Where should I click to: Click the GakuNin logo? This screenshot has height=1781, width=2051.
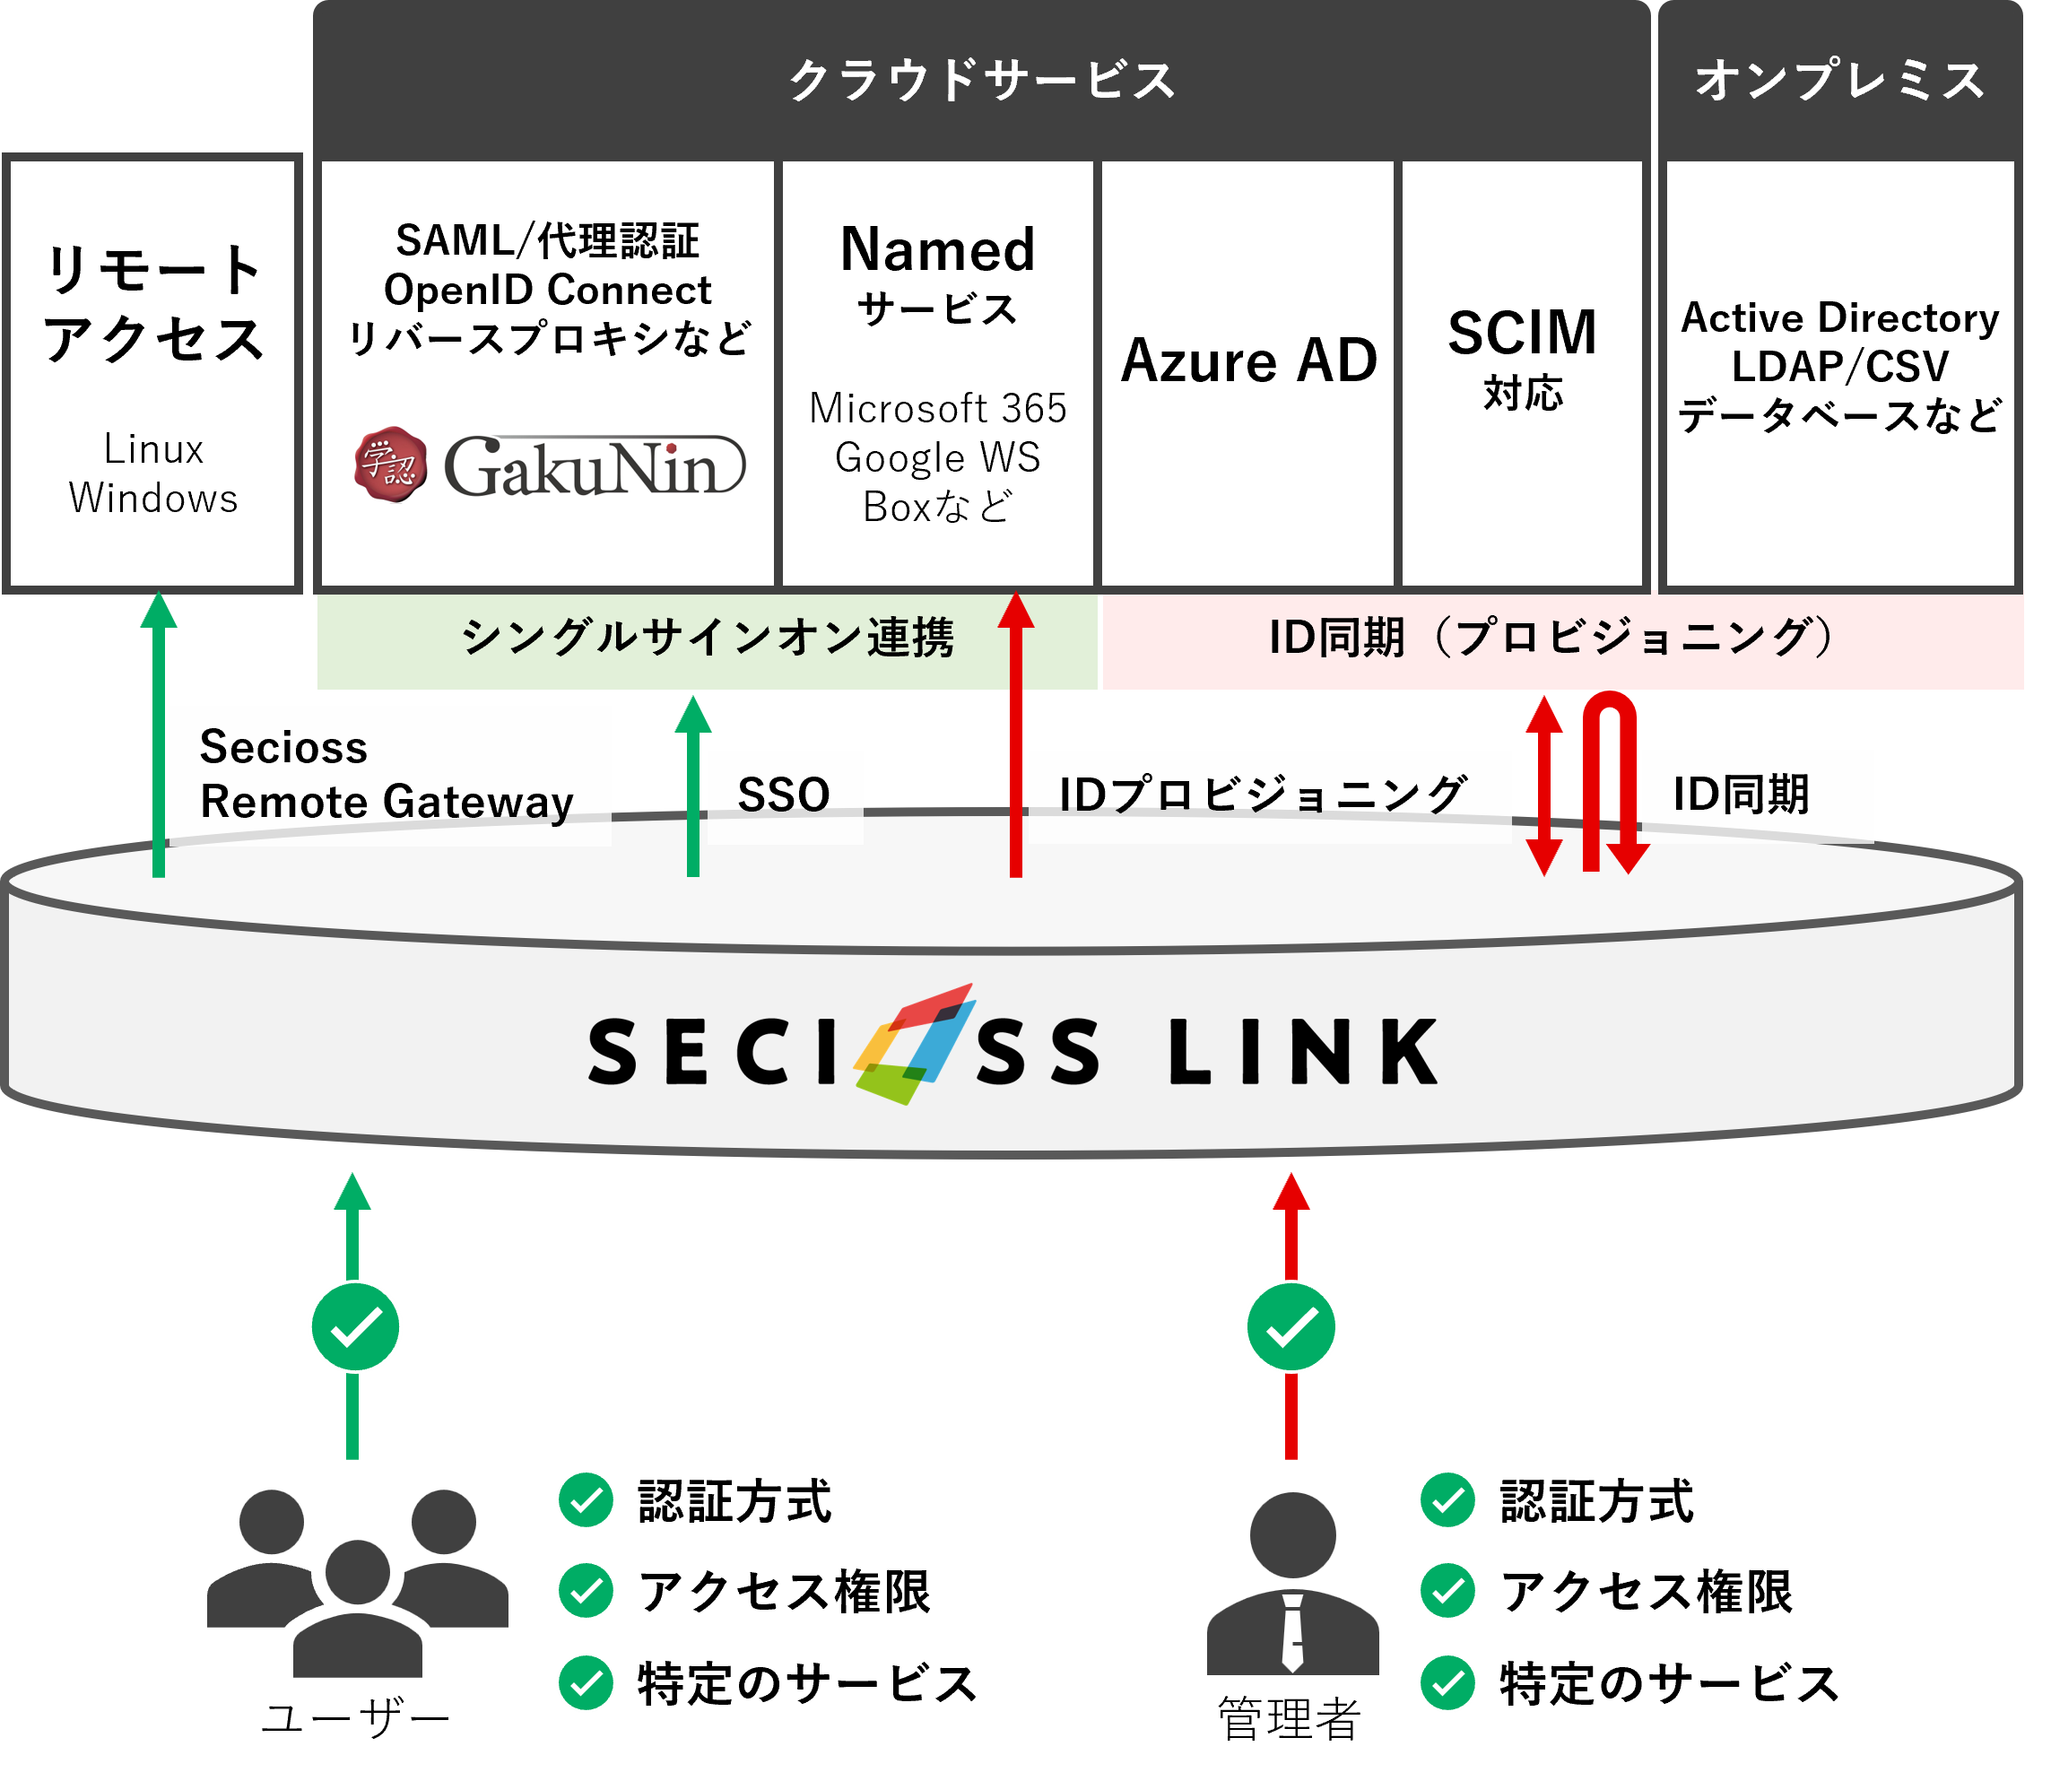click(550, 465)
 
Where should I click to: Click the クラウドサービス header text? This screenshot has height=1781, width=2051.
click(982, 80)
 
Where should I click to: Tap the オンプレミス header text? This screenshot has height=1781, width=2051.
click(1839, 80)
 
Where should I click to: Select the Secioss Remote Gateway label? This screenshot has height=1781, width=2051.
click(387, 775)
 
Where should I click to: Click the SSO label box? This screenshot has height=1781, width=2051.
click(784, 795)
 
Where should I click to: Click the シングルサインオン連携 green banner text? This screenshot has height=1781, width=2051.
click(708, 639)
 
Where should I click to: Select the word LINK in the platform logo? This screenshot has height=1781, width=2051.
click(1304, 1052)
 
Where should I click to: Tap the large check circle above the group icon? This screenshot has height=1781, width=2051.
click(355, 1327)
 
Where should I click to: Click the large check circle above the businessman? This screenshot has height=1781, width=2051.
click(1291, 1327)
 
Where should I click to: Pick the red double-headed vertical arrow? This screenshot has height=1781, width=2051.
click(1543, 786)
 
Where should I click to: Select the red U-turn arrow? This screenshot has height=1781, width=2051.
click(1611, 780)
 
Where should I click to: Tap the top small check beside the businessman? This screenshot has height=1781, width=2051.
click(1447, 1499)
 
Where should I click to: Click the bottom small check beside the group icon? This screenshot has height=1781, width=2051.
click(586, 1682)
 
